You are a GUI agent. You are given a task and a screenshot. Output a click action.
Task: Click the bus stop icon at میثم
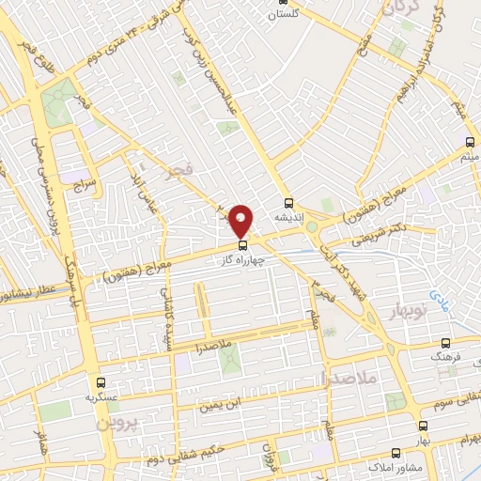coord(470,142)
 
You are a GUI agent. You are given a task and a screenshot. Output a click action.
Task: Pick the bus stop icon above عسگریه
coord(101,382)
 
